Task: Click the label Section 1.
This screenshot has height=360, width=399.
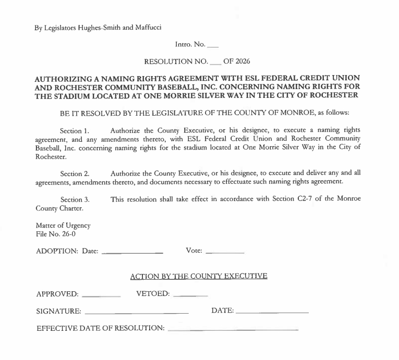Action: click(x=75, y=129)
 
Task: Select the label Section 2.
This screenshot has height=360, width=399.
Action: click(x=75, y=173)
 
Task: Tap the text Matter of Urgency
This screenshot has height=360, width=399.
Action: click(x=63, y=226)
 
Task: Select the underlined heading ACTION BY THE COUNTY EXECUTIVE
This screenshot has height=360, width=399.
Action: click(x=199, y=276)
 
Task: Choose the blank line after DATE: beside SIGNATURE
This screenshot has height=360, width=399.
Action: click(x=272, y=313)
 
